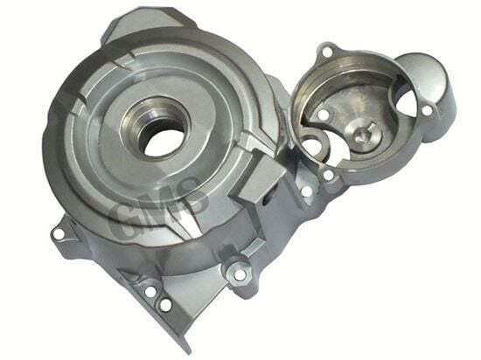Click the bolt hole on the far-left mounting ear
click(59, 234)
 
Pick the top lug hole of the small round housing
click(327, 50)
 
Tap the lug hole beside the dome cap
click(427, 111)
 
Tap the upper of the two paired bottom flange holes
click(150, 292)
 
